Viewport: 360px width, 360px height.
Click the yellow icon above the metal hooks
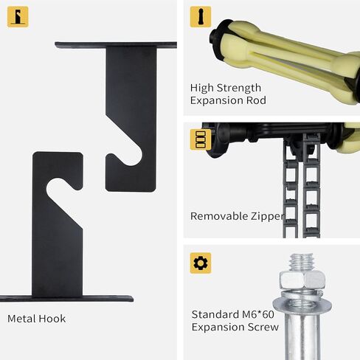pos(18,17)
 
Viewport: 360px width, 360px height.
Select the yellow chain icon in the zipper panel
pos(198,139)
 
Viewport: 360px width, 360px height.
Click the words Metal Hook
pos(36,319)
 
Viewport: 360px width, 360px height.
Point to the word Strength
pos(239,87)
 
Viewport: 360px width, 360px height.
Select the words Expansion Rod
pos(228,100)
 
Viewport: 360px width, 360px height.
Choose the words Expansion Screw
pos(235,326)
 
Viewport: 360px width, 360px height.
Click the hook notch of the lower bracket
pos(59,193)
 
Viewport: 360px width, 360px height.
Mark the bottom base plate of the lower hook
pos(66,299)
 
